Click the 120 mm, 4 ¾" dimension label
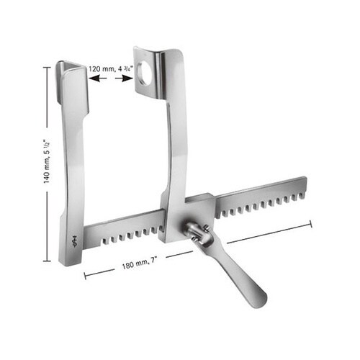tap(111, 69)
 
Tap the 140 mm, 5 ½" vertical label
tap(46, 161)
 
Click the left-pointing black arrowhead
tap(94, 78)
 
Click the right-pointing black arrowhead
tap(127, 78)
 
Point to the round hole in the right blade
tap(144, 73)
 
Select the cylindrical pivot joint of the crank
tap(197, 233)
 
